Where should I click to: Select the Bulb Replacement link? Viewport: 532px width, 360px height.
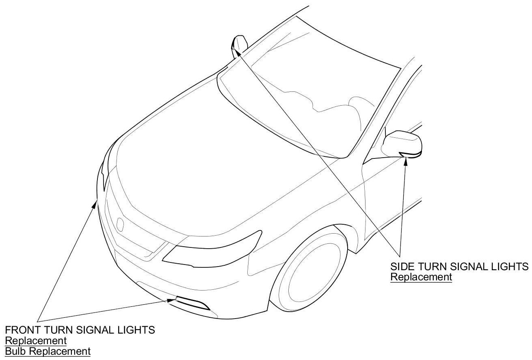tap(48, 351)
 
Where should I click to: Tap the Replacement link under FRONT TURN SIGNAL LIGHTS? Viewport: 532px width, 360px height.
tap(35, 340)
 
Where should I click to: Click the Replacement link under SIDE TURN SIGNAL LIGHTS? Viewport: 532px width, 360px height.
tap(421, 277)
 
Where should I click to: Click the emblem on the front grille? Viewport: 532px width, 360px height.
tap(120, 225)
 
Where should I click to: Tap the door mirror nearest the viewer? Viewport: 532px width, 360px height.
tap(403, 143)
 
